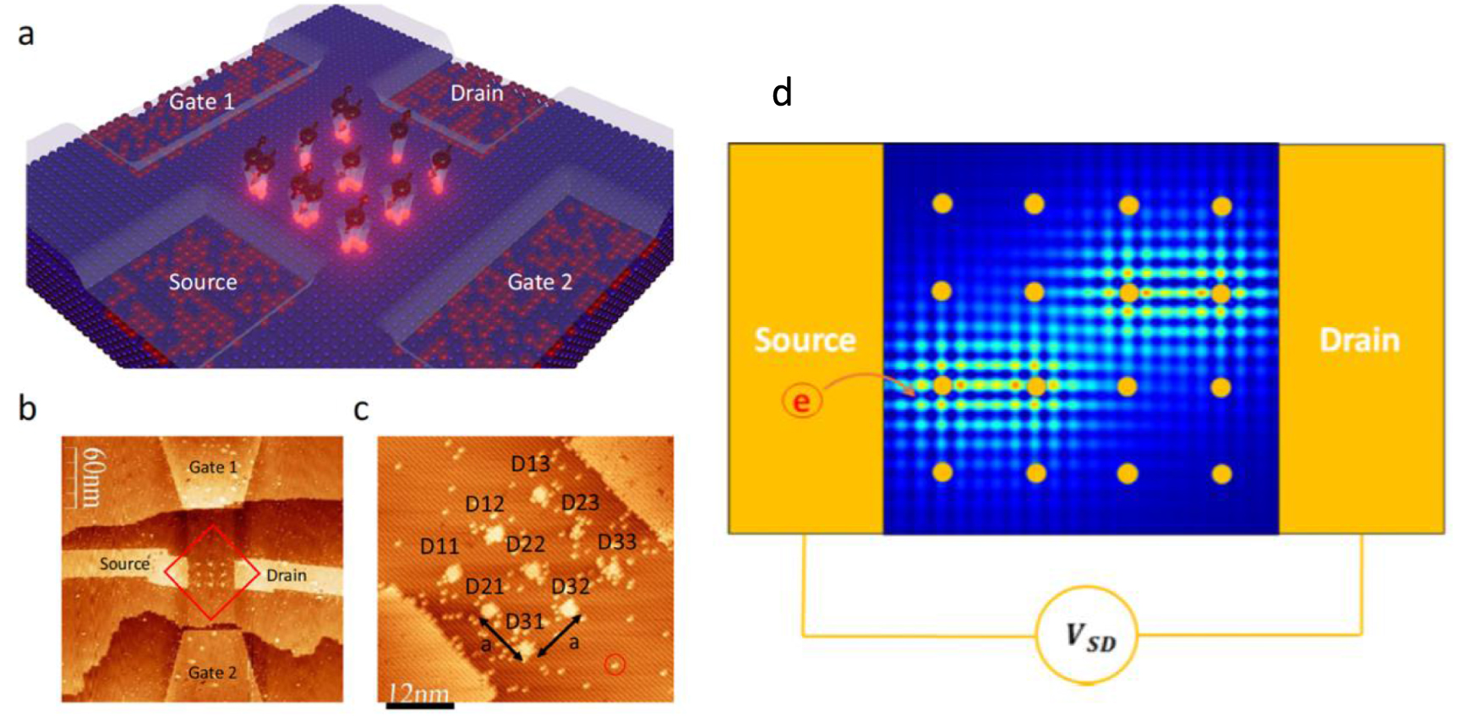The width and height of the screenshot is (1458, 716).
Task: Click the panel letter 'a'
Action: (x=26, y=36)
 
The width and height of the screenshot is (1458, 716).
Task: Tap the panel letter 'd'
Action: (x=782, y=93)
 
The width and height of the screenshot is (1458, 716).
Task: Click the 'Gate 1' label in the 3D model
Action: (x=201, y=102)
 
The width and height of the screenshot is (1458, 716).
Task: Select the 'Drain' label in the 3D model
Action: (x=477, y=93)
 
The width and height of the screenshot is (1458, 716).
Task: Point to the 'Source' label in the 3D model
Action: (x=203, y=282)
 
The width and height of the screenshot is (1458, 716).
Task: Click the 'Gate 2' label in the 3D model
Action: (x=539, y=282)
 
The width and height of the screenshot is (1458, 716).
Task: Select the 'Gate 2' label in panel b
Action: (x=212, y=673)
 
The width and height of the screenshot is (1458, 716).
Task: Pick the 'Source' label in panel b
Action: (x=124, y=564)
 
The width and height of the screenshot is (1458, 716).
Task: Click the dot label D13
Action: (x=530, y=464)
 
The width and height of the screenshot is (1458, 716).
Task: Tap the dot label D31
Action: (x=524, y=622)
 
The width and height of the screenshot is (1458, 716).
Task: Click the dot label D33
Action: (x=616, y=542)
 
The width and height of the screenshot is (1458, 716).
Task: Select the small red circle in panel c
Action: (x=614, y=664)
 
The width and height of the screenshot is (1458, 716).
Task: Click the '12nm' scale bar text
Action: (x=418, y=693)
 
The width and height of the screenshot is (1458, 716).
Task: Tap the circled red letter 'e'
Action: (x=800, y=401)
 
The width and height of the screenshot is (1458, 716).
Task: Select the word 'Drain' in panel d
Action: (x=1359, y=340)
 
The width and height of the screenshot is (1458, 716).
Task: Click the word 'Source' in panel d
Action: (x=805, y=340)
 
